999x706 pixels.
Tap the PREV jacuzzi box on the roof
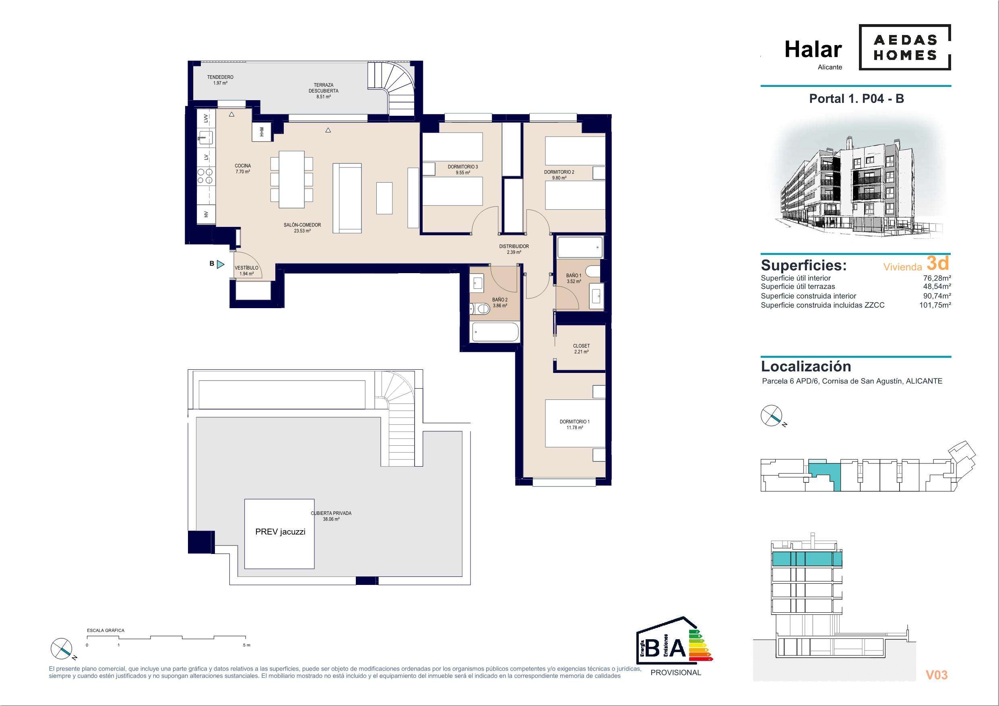point(279,534)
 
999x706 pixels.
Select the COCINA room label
point(243,166)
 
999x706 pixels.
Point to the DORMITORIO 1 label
point(574,422)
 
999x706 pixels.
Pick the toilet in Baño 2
point(479,309)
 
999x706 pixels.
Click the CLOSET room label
point(581,346)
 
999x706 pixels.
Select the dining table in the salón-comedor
point(291,179)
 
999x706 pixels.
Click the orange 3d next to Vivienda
point(938,262)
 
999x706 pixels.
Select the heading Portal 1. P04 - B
point(856,99)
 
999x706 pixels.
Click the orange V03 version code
point(936,675)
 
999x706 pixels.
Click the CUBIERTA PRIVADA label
point(331,513)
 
